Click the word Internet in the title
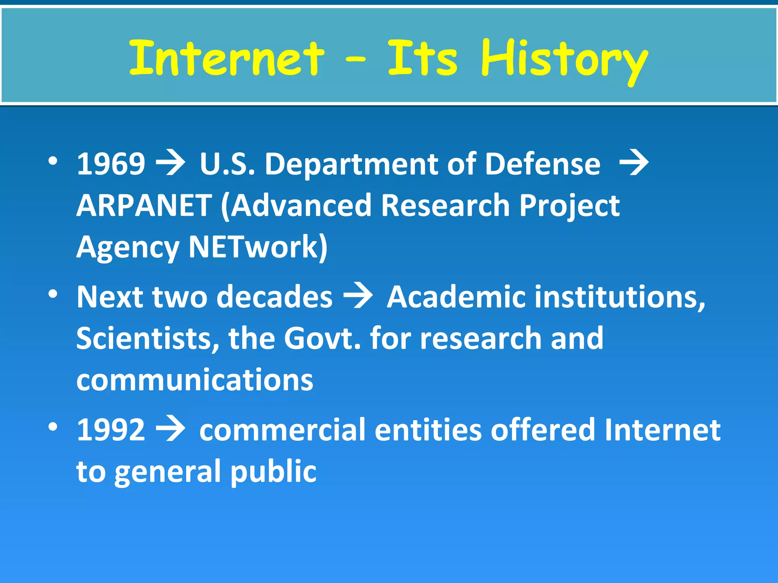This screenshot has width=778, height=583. pos(227,59)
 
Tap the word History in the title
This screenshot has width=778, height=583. pos(564,61)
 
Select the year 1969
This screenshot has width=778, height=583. pos(111,164)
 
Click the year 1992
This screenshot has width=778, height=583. pos(111,430)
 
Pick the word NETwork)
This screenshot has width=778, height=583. pos(258,247)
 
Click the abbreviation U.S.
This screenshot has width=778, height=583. pos(227,164)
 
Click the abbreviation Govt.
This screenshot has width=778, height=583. pos(322,338)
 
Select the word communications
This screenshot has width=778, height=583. pos(195,380)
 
